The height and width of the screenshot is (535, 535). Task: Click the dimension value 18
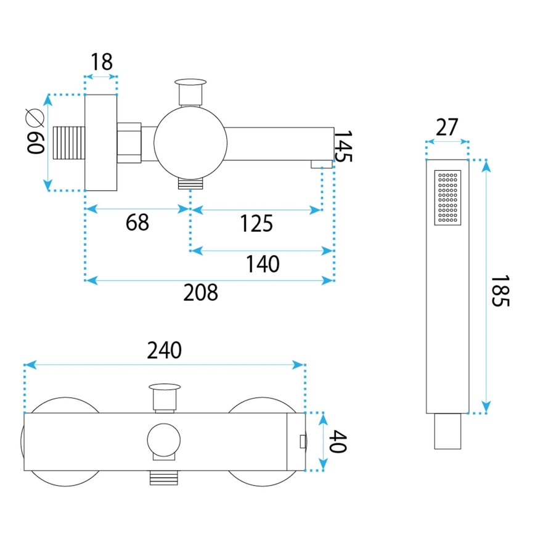[102, 62]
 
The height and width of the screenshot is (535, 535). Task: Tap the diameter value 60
[35, 142]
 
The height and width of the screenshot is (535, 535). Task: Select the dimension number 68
[137, 223]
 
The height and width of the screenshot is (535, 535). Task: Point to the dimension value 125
[256, 223]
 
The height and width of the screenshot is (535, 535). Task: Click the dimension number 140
[263, 264]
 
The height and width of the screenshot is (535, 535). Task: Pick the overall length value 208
[201, 293]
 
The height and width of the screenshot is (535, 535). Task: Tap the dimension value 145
[343, 146]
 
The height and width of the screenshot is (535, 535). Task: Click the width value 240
[165, 351]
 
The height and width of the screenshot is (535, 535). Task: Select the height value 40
[338, 441]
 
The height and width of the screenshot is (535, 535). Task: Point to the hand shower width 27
[447, 128]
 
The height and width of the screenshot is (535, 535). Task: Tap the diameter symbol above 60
[34, 115]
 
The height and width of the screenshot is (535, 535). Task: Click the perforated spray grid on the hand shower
[448, 197]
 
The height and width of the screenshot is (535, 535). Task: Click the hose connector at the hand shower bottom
[448, 431]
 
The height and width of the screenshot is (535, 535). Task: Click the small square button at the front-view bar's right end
[301, 441]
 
